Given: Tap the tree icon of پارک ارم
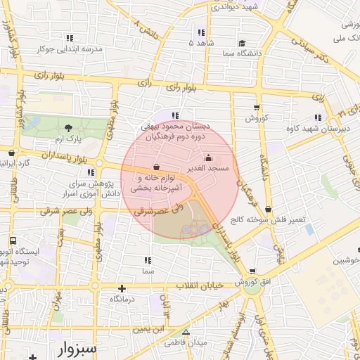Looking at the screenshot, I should [68, 128].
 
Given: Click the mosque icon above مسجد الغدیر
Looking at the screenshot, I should [208, 158].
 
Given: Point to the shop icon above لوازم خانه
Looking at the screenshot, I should [155, 167].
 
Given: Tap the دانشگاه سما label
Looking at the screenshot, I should [240, 53].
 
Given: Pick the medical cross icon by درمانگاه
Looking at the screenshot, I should [122, 288].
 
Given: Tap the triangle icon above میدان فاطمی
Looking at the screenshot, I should [186, 332].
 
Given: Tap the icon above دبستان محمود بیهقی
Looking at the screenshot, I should [175, 115].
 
